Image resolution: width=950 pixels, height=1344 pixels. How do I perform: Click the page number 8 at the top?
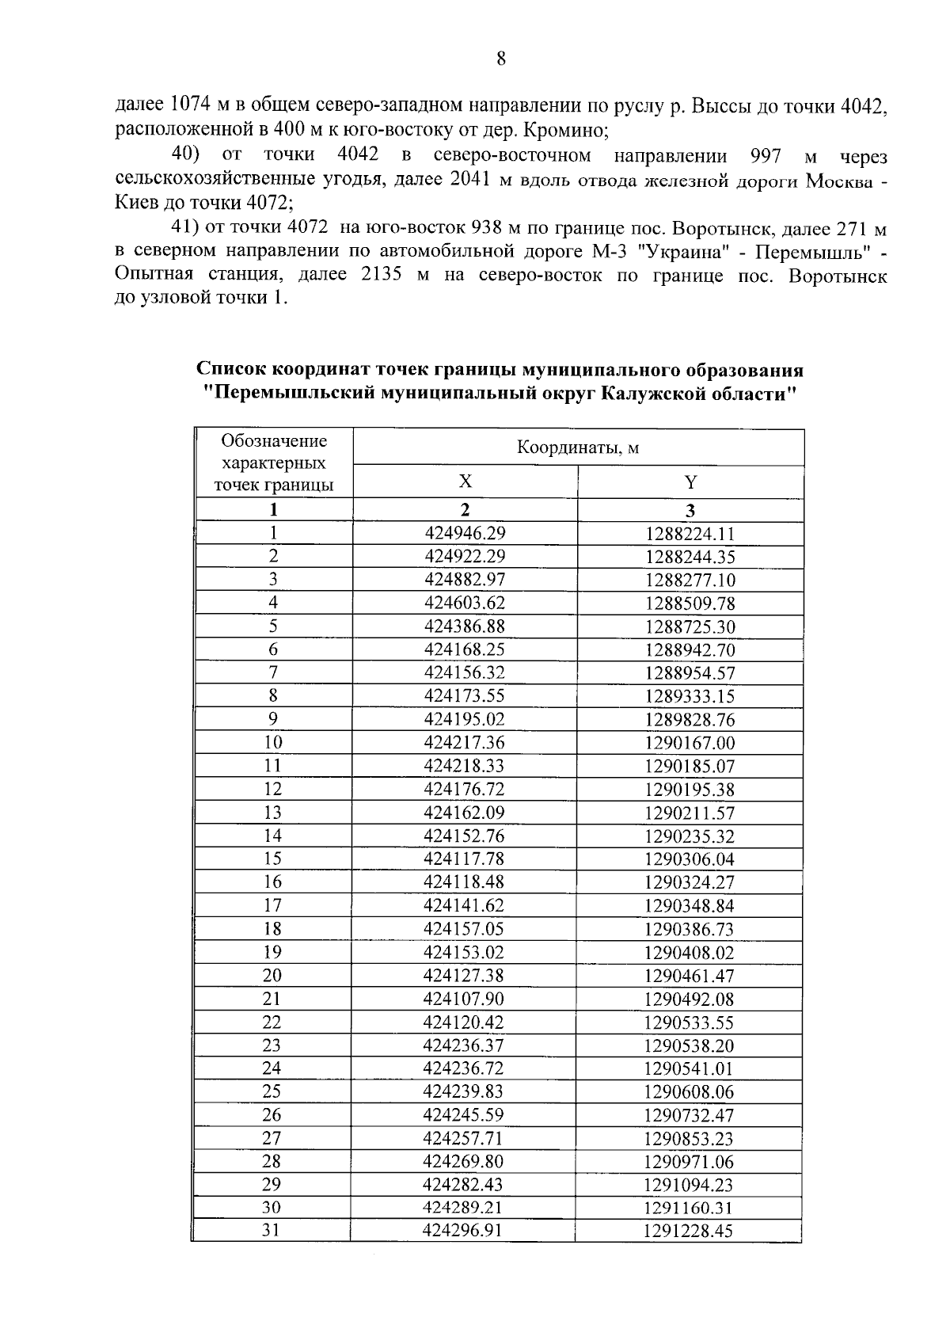coord(500,59)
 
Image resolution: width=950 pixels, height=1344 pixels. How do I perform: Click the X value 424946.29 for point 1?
coord(465,533)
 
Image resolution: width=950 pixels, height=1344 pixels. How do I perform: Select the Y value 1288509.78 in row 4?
coord(690,603)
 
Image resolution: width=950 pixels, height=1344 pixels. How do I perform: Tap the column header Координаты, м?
coord(578,448)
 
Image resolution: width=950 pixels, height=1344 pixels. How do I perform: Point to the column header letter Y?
coord(690,482)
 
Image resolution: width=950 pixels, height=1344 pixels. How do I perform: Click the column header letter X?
coord(465,482)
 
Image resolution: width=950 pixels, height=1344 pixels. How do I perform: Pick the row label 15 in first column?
coord(272,859)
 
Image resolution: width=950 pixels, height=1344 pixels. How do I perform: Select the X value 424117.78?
coord(464,859)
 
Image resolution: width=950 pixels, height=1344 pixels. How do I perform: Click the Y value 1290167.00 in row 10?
coord(690,743)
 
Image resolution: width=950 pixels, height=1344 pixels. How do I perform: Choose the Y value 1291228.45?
coord(688,1231)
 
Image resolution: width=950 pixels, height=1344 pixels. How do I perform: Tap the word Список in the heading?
coord(230,371)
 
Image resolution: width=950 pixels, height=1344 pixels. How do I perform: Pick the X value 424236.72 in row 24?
coord(464,1068)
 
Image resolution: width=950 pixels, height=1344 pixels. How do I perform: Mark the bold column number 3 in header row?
coord(690,510)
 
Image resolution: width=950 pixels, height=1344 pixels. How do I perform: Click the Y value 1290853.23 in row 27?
coord(689,1139)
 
